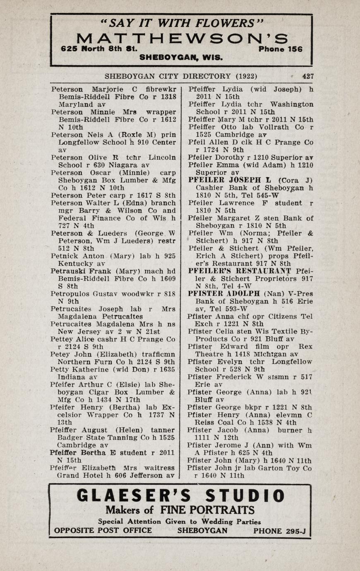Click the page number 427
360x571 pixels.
click(308, 76)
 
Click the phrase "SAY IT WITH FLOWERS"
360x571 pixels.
click(182, 22)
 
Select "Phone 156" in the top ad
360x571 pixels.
click(280, 49)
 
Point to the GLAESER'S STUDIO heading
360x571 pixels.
click(181, 496)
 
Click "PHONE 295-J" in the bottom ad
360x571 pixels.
click(279, 531)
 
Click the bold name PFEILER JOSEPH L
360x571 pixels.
click(230, 180)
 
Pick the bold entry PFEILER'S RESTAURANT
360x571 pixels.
click(240, 271)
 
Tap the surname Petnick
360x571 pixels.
click(64, 256)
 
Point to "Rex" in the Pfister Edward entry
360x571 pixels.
click(305, 347)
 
